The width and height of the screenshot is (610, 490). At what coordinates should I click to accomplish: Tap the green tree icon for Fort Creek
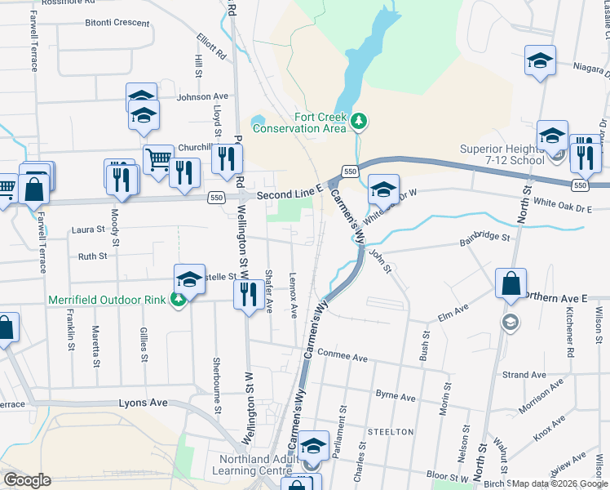(x=359, y=122)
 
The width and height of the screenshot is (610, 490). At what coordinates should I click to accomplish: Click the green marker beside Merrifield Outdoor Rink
(x=179, y=300)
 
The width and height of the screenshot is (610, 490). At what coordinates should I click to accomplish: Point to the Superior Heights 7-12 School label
(x=502, y=154)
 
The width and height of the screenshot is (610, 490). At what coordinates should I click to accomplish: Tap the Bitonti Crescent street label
(x=117, y=23)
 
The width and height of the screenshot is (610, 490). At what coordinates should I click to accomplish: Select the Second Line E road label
(x=290, y=196)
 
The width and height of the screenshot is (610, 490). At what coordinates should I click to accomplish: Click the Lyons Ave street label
(x=143, y=403)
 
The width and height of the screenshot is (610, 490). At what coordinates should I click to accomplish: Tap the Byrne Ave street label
(x=396, y=395)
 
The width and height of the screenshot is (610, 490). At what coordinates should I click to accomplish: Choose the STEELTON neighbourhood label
(x=391, y=431)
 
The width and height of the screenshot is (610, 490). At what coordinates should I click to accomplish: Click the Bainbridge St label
(x=484, y=238)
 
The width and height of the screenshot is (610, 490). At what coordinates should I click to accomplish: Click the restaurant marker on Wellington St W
(x=247, y=294)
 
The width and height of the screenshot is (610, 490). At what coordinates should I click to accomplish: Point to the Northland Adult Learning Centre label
(x=255, y=464)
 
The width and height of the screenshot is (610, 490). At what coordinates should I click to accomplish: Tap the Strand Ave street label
(x=524, y=375)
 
